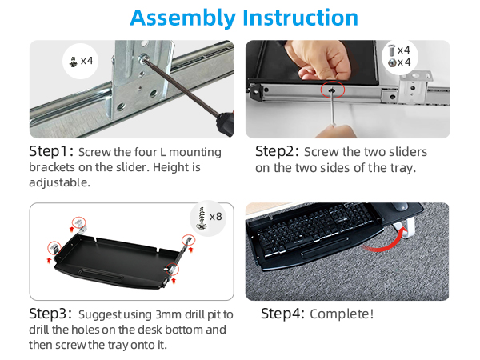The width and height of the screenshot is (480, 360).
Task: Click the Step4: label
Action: pyautogui.click(x=282, y=314)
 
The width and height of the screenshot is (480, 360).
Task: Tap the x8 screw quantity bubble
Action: pyautogui.click(x=209, y=218)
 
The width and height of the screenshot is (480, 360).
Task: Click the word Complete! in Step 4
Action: pyautogui.click(x=342, y=314)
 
